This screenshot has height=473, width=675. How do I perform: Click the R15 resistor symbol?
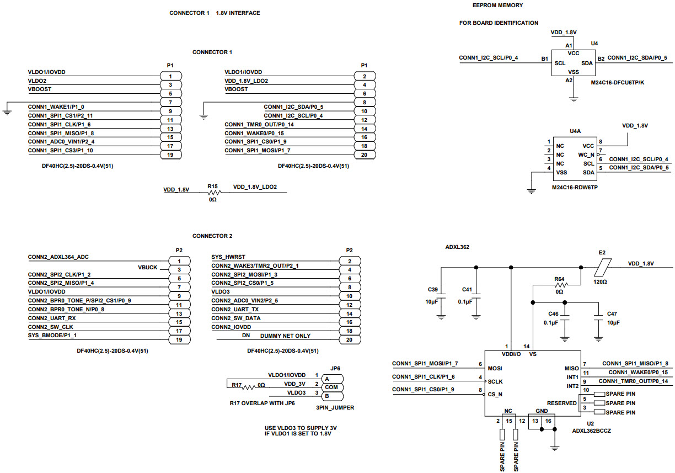pos(212,193)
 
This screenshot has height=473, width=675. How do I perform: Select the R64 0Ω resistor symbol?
pos(559,285)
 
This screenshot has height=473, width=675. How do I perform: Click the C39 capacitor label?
pos(433,289)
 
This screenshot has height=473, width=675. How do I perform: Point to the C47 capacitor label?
pos(612,313)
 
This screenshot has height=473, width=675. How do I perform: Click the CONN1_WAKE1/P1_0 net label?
pos(56,107)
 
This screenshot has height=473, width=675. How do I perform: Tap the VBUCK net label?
pos(148,267)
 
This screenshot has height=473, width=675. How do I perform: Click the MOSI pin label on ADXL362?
pos(495,368)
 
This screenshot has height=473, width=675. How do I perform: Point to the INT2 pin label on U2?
pos(572,386)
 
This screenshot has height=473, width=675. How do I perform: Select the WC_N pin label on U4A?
pos(586,155)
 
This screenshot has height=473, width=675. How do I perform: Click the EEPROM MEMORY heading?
pos(498,6)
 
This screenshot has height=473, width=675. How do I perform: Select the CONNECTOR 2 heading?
pos(212,236)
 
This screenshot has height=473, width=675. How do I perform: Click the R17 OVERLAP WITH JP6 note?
pos(262,403)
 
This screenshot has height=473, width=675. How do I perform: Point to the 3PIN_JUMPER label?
pos(335,408)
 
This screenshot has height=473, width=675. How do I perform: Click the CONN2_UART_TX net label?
pos(235,310)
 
